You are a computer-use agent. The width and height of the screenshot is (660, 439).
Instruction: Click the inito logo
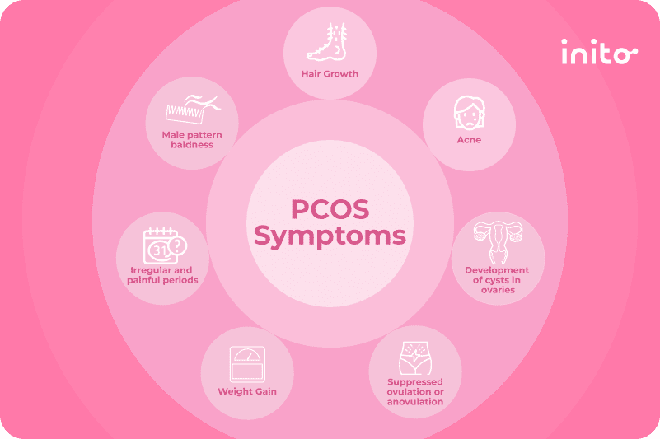(x=599, y=52)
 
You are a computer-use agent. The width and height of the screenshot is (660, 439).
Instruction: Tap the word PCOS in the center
(x=330, y=209)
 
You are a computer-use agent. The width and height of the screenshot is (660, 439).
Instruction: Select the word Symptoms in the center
(x=330, y=236)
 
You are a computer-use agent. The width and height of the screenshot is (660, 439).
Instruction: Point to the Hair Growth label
(x=330, y=74)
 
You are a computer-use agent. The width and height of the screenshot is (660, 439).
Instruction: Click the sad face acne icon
(x=470, y=113)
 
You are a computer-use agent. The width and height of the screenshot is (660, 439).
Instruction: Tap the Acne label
(x=469, y=140)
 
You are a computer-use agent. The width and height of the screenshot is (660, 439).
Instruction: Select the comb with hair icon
(x=193, y=109)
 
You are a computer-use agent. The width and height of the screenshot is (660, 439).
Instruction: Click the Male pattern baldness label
(x=192, y=140)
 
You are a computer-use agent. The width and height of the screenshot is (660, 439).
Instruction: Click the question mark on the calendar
(x=178, y=245)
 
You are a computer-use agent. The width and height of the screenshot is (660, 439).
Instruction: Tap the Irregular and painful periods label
(x=162, y=275)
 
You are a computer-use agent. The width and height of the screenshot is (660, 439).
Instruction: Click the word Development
(x=497, y=270)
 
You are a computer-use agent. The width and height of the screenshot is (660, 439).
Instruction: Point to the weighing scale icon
(x=247, y=364)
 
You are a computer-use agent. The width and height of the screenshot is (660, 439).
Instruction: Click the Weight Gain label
(x=247, y=391)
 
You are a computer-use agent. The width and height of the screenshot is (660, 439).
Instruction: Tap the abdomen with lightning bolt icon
(x=415, y=358)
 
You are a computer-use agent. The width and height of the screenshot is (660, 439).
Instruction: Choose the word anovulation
(x=415, y=402)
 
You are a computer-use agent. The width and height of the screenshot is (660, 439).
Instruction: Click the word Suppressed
(x=415, y=382)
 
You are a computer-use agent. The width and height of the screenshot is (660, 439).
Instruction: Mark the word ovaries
(x=498, y=290)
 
